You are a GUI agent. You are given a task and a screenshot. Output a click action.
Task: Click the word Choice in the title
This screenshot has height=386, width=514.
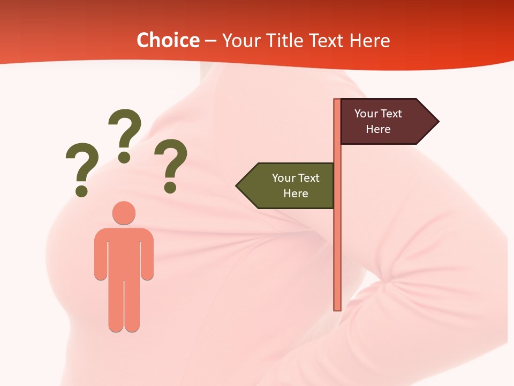click(168, 40)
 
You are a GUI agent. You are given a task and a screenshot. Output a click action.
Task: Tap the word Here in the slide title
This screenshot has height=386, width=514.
click(369, 40)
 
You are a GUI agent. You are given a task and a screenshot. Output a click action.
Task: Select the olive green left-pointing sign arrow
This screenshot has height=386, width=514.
click(289, 185)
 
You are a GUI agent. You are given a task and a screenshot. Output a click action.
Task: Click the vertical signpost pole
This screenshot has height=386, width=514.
click(337, 241)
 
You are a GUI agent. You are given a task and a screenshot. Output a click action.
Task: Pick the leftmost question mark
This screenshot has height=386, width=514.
click(82, 164)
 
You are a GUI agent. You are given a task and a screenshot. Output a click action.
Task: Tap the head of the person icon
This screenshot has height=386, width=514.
click(124, 213)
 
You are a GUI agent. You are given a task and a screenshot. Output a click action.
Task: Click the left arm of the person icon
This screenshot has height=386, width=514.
click(101, 255)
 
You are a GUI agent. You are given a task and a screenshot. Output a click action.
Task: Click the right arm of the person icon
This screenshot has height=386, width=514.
click(147, 255)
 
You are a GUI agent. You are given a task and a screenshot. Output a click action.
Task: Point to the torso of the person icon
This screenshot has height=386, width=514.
click(124, 252)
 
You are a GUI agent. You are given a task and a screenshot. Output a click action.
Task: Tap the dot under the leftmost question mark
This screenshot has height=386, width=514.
click(81, 190)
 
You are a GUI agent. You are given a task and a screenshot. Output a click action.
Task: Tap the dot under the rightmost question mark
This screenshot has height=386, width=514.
click(170, 187)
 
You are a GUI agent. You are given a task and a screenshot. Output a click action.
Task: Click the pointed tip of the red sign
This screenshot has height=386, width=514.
click(437, 122)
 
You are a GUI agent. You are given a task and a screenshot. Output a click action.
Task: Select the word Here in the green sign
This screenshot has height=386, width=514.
click(296, 194)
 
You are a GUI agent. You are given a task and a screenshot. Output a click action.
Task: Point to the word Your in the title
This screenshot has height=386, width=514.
click(239, 40)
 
